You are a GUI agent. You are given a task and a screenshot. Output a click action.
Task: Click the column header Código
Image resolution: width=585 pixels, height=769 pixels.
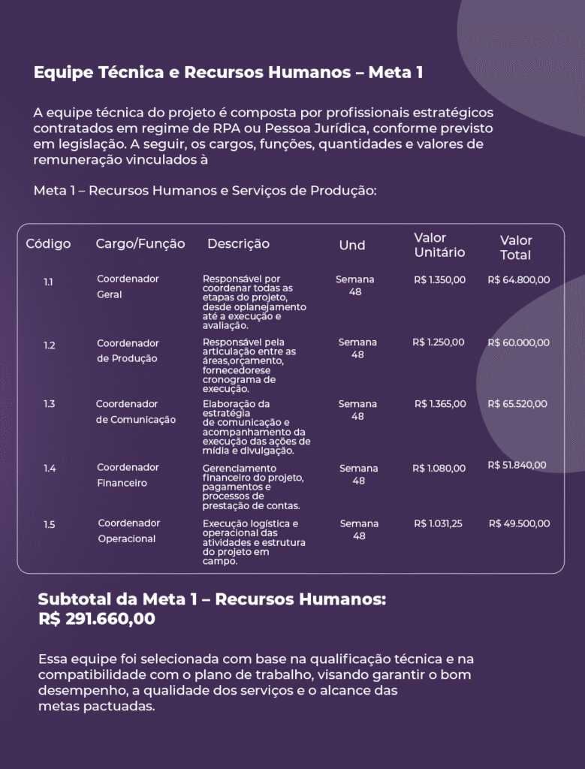[x=48, y=244]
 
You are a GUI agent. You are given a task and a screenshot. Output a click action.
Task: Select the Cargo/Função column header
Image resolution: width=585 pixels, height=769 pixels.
[x=140, y=244]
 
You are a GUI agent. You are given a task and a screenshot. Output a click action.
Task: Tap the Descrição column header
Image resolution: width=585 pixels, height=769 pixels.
[x=238, y=244]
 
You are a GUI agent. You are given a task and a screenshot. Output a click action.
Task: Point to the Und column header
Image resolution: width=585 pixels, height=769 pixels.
[x=352, y=246]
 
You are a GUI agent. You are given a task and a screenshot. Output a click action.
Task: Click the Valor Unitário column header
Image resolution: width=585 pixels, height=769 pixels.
[x=439, y=245]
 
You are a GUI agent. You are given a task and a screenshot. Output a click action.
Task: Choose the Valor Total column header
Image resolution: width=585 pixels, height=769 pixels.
[x=516, y=247]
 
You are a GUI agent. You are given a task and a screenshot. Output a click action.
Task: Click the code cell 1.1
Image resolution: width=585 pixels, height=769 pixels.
[x=48, y=282]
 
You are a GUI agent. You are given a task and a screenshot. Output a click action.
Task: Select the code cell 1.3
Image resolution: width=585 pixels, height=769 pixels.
[x=49, y=404]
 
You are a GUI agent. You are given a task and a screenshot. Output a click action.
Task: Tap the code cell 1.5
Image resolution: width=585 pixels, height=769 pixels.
[x=49, y=525]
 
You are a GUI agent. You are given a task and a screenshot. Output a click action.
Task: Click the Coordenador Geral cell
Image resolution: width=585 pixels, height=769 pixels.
[x=128, y=287]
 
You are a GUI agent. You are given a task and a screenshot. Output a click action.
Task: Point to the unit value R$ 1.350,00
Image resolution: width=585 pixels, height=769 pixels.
[x=439, y=280]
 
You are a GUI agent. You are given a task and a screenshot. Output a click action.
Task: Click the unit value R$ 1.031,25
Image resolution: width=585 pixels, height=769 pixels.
[x=439, y=523]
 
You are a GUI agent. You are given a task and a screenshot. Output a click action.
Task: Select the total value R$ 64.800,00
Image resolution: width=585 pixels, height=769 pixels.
[x=518, y=280]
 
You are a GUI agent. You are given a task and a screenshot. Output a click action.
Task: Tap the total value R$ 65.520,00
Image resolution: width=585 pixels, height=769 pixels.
[x=517, y=404]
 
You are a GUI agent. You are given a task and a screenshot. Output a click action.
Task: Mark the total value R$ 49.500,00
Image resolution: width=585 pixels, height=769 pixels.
[x=519, y=523]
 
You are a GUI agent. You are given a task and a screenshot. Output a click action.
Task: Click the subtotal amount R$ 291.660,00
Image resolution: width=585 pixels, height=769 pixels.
[x=97, y=620]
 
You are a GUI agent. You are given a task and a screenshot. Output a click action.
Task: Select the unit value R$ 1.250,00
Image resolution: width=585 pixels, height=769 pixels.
[x=439, y=342]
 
